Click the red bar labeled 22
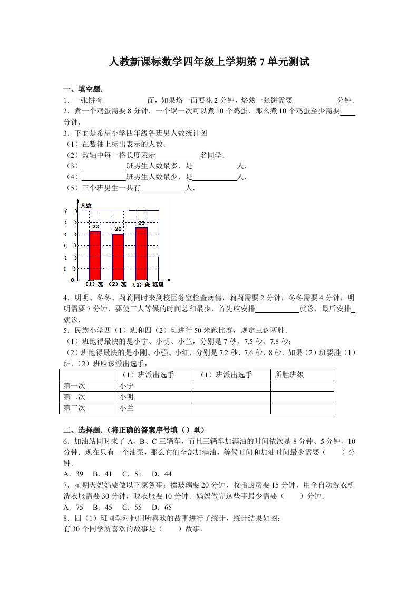95,255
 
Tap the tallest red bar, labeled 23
141,254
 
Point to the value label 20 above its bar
118,229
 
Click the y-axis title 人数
86,205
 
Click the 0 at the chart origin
73,280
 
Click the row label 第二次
74,397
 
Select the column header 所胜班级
289,375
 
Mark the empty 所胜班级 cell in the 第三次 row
302,408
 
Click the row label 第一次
74,386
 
